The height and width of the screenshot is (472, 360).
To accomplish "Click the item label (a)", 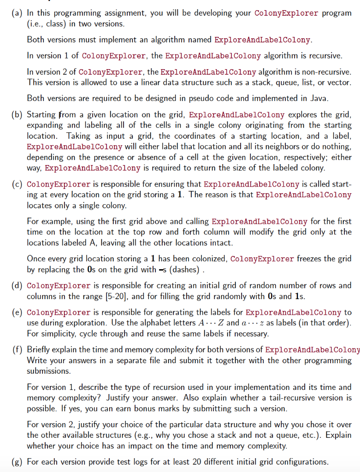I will coord(14,13).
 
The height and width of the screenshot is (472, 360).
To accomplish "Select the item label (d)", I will coord(14,286).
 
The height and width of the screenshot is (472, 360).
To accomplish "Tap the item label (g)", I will coord(14,461).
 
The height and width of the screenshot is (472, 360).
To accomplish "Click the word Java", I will coord(288,98).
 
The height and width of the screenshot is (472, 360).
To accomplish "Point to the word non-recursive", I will coord(327,72).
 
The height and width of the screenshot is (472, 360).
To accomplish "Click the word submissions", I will coord(47,371).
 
